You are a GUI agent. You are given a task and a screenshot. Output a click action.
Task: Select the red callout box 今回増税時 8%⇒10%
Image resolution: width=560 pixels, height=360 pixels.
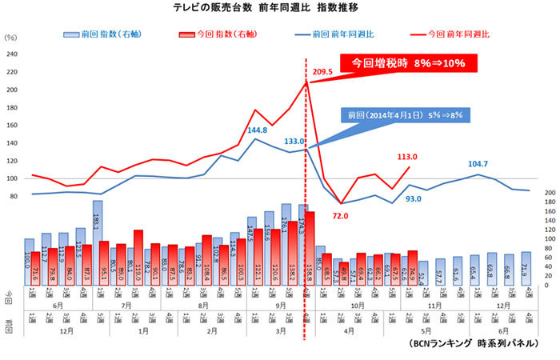[x=408, y=63]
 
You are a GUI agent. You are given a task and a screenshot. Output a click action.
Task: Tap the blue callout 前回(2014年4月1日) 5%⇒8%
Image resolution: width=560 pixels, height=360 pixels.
[x=406, y=115]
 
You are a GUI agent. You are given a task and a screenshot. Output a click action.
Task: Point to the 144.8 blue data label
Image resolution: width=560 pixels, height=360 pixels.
[x=258, y=129]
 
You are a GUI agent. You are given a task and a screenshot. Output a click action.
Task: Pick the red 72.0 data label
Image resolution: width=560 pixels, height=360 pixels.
[x=340, y=215]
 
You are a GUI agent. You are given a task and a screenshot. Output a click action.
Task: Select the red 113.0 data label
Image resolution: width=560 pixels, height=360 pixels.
[x=410, y=157]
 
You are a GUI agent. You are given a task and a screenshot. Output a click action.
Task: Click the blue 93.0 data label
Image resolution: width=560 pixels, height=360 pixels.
[x=413, y=198]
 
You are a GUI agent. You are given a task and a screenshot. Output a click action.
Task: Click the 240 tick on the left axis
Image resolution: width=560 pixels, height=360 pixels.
[x=12, y=54]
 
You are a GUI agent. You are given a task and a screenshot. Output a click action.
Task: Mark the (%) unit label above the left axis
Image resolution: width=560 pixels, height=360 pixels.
[x=10, y=38]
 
